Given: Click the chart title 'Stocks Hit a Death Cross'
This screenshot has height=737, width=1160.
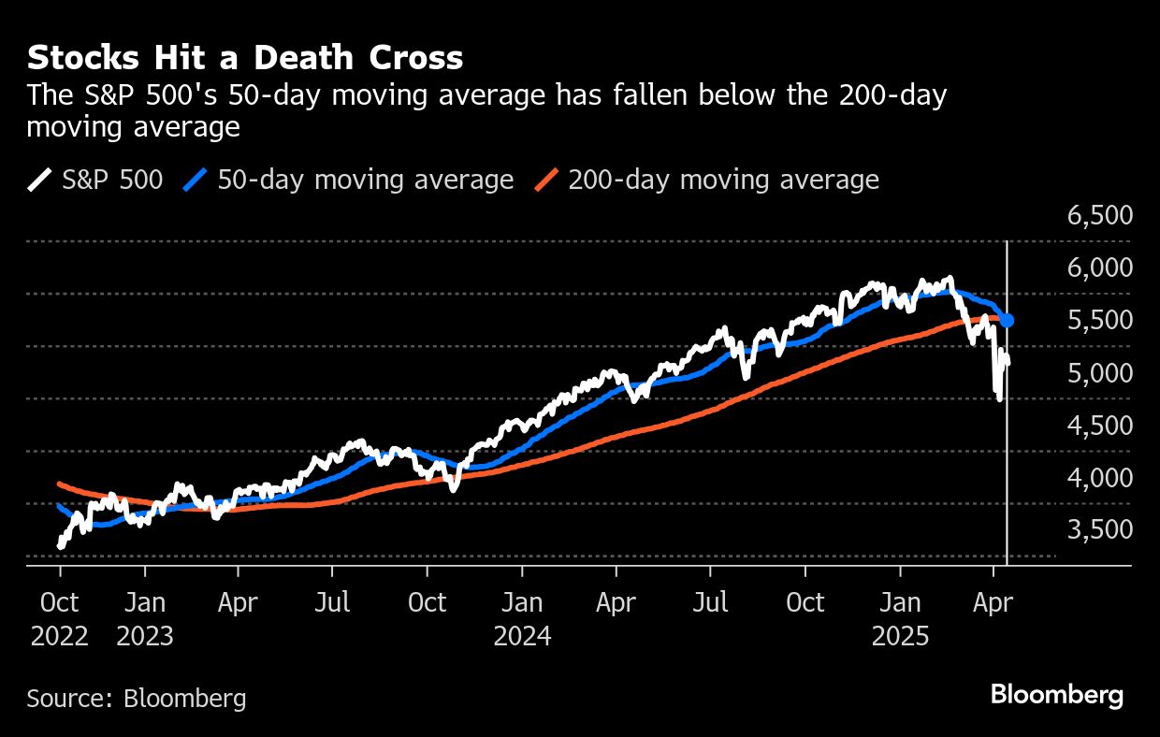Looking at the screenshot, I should [245, 59].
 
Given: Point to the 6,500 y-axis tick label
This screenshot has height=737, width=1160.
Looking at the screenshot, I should [1100, 216].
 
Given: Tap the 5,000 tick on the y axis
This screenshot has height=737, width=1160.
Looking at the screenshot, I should [1100, 373].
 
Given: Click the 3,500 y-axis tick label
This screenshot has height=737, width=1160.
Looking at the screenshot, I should [1100, 530].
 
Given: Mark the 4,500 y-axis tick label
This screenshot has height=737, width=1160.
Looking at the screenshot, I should [1100, 426].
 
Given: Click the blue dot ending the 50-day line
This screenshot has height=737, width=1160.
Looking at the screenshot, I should [1008, 321].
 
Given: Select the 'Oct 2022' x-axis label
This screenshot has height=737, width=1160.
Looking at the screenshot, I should [60, 619].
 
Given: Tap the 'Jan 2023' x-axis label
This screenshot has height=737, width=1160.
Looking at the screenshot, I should [145, 619].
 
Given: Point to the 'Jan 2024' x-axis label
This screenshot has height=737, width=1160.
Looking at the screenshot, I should [523, 619].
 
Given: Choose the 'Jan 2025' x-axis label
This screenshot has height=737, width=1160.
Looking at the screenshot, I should [900, 619].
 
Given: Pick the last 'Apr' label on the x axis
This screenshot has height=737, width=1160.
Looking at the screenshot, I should [993, 602].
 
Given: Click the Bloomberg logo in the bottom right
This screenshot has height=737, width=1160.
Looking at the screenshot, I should [1057, 695].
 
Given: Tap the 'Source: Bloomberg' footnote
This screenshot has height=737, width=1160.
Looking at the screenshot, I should [137, 698].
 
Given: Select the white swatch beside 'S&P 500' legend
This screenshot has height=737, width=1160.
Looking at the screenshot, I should [40, 180].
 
